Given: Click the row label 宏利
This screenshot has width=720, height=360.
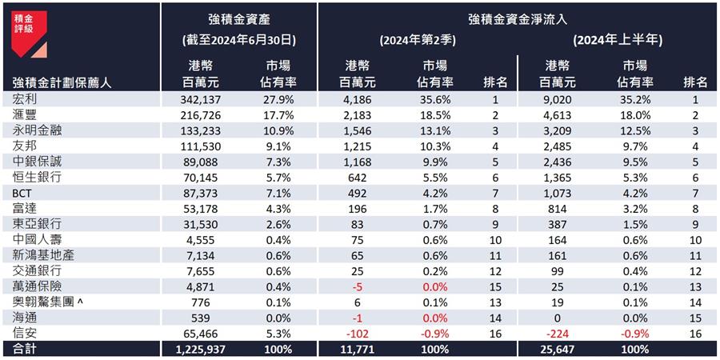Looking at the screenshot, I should [x=26, y=99].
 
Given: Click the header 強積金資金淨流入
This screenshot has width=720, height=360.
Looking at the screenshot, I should [x=518, y=17].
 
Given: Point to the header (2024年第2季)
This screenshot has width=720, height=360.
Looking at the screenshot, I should [x=418, y=38].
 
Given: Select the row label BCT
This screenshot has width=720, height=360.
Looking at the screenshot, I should [x=22, y=193].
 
